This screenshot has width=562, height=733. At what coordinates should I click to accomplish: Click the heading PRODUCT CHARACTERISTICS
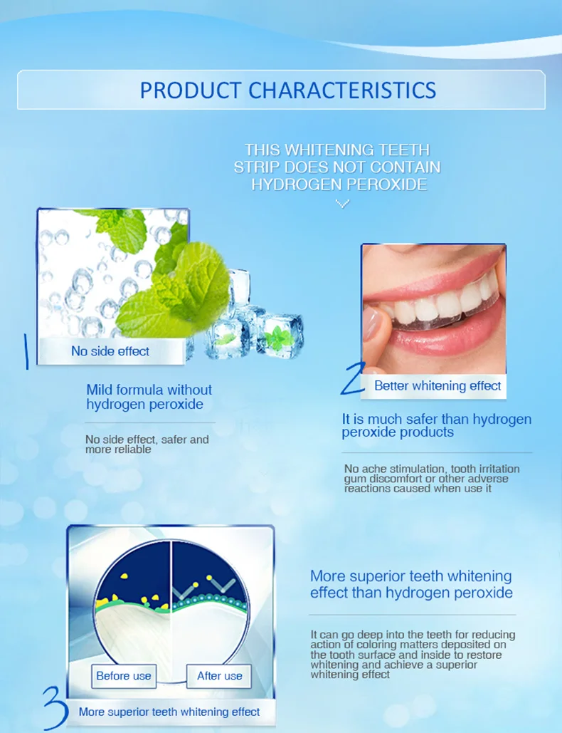pyautogui.click(x=287, y=90)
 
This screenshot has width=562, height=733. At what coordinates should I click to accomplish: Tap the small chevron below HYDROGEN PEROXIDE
pyautogui.click(x=342, y=204)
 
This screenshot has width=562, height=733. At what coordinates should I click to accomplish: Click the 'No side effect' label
pyautogui.click(x=110, y=350)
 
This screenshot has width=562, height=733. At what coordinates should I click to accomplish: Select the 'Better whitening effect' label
pyautogui.click(x=438, y=385)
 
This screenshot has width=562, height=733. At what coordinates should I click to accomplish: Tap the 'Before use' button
pyautogui.click(x=124, y=675)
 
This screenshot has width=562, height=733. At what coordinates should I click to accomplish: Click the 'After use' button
pyautogui.click(x=219, y=675)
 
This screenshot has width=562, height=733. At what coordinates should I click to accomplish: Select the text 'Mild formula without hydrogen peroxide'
pyautogui.click(x=149, y=397)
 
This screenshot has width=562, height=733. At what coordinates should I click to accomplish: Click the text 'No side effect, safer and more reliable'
pyautogui.click(x=147, y=445)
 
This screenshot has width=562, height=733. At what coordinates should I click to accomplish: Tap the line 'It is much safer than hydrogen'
pyautogui.click(x=436, y=419)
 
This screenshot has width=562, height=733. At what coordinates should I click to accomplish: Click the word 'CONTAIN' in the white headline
pyautogui.click(x=405, y=167)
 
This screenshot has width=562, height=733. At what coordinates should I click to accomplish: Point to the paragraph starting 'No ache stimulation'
pyautogui.click(x=432, y=478)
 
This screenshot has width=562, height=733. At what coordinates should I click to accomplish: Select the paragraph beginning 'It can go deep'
pyautogui.click(x=413, y=654)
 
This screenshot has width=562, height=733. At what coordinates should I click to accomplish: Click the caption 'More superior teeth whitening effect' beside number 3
pyautogui.click(x=169, y=711)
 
